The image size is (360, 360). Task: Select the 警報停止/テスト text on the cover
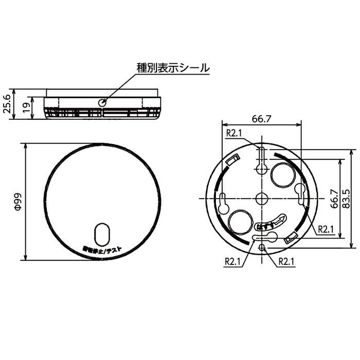[x=102, y=250]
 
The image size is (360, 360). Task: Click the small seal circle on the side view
[x=102, y=102]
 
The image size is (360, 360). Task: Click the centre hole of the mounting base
[x=262, y=199]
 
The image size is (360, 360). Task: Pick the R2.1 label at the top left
[x=235, y=133]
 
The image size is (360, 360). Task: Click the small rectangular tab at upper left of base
[x=232, y=160]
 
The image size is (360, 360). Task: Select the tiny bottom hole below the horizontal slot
[x=262, y=248]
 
